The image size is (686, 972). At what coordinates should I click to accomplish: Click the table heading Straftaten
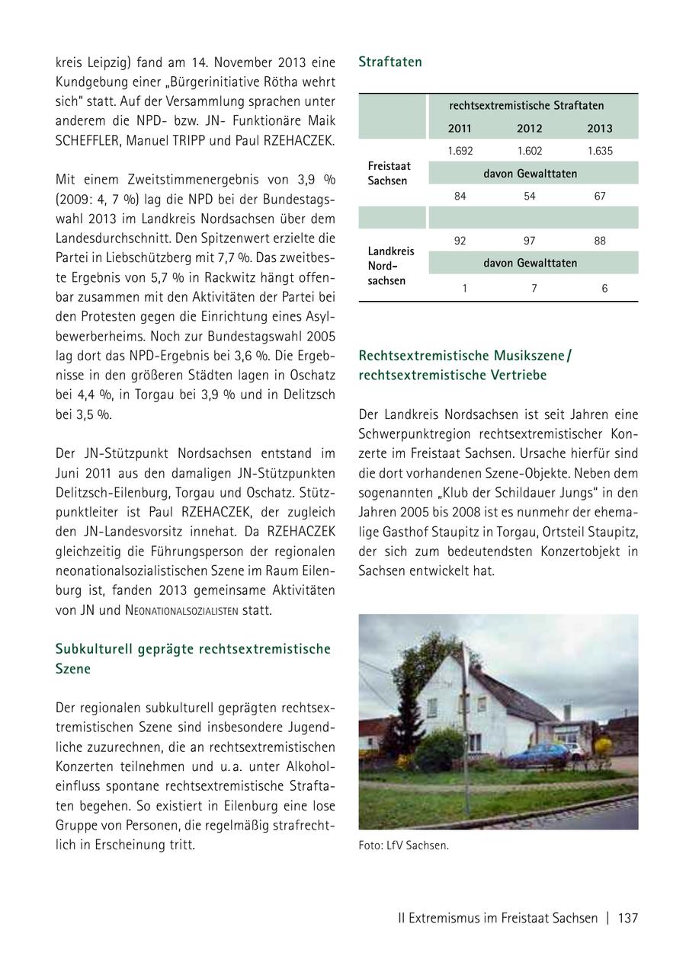(x=389, y=62)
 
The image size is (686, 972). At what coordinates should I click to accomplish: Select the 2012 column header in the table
(x=530, y=128)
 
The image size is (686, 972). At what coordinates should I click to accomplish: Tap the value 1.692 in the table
(x=460, y=151)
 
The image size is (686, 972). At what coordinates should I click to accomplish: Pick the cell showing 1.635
(x=600, y=151)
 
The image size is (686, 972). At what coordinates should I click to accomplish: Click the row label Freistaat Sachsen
(x=389, y=173)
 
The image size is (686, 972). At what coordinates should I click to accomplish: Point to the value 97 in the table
(x=530, y=241)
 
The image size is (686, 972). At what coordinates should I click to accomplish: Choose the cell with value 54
(x=530, y=196)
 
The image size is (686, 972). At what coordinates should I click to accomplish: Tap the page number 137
(x=628, y=918)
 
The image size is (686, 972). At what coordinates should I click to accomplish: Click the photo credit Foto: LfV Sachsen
(x=403, y=845)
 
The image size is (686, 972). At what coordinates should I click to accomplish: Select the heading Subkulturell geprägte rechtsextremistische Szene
(x=193, y=659)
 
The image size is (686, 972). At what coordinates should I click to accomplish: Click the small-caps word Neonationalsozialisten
(x=178, y=611)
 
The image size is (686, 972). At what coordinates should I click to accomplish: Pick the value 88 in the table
(x=600, y=241)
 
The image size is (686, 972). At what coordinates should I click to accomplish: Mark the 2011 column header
(x=460, y=128)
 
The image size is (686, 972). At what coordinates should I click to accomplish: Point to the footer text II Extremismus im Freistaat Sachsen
(x=498, y=918)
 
